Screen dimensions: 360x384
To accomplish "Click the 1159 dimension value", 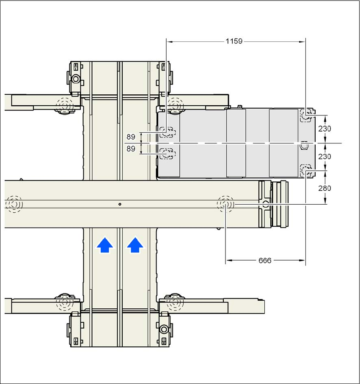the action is [x=234, y=41].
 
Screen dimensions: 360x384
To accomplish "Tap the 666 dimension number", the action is [x=265, y=261].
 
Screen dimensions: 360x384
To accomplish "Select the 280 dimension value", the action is [x=324, y=188].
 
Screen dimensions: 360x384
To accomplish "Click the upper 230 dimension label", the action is [x=324, y=129].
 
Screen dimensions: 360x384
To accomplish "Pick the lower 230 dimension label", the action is [x=324, y=156].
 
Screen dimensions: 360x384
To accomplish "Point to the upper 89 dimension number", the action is [x=131, y=137].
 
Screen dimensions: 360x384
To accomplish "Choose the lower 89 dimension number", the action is [x=131, y=149].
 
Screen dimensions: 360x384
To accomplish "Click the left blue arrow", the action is [x=105, y=245].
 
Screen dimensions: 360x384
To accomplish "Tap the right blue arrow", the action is [x=135, y=245].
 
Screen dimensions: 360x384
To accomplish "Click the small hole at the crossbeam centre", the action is [x=120, y=204].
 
